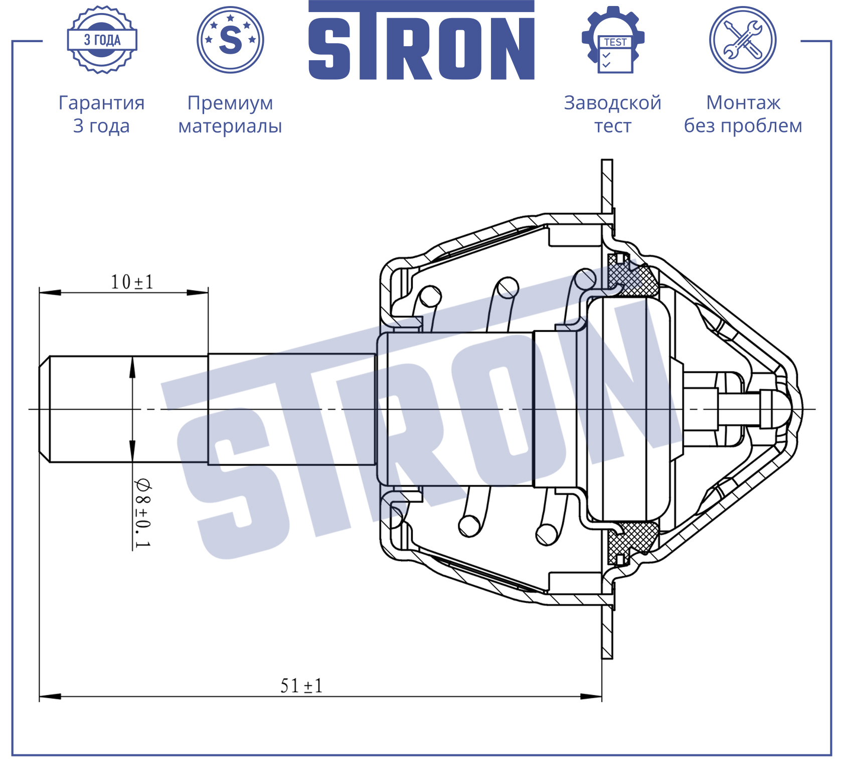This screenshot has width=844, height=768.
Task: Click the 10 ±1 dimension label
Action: (132, 282)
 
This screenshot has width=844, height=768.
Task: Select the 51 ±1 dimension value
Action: (301, 686)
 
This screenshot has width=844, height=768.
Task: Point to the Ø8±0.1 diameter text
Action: (142, 513)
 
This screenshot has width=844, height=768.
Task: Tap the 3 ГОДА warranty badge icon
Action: (102, 40)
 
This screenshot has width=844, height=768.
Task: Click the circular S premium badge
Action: (230, 40)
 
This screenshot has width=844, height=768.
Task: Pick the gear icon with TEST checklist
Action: (613, 40)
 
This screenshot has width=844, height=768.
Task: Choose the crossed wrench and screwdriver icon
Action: (743, 40)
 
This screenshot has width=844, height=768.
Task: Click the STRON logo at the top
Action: (421, 40)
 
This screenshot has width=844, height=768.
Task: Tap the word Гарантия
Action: (102, 103)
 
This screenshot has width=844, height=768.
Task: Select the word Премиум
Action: (230, 103)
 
